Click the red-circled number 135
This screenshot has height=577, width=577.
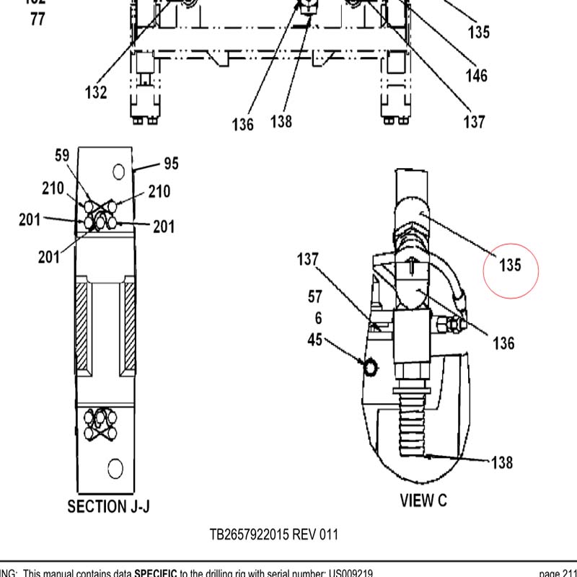(510, 265)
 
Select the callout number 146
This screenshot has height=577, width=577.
(476, 75)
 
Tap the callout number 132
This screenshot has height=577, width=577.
(96, 92)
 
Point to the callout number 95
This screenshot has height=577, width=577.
(171, 164)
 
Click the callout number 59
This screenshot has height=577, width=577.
(62, 154)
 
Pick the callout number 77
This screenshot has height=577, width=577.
(38, 19)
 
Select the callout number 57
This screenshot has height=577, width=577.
(315, 296)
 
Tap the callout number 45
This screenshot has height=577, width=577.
(315, 340)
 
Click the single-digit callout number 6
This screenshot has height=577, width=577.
(318, 318)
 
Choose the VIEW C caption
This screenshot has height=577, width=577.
(428, 499)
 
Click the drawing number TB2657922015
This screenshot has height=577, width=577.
(250, 534)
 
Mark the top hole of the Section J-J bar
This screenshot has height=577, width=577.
(119, 172)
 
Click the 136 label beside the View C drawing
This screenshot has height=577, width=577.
(503, 343)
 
